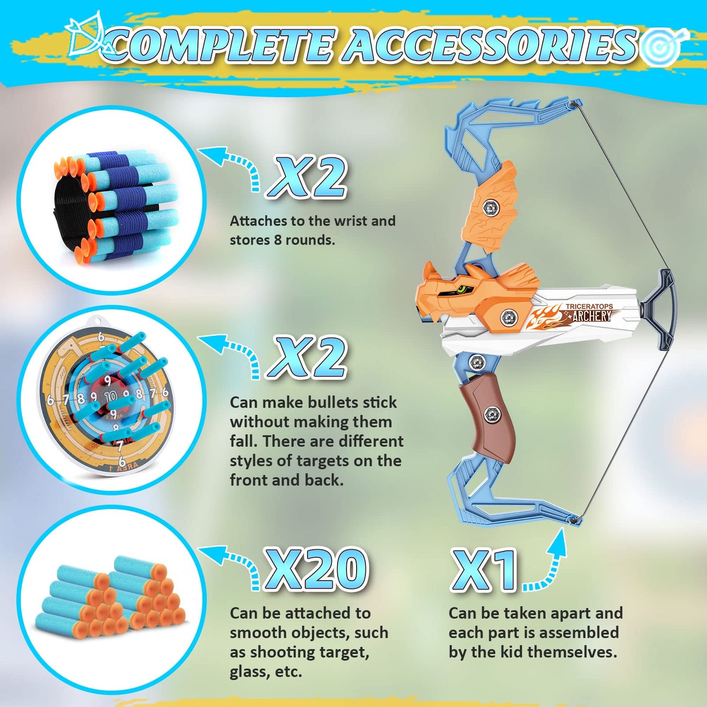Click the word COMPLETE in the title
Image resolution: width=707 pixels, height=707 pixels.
[x=223, y=45]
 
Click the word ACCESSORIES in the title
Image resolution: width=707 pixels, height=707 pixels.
[x=489, y=45]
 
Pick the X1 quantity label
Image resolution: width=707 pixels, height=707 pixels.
[x=484, y=570]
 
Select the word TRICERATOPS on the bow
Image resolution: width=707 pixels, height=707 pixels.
[x=589, y=307]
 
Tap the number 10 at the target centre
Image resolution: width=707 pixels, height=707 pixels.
[x=111, y=395]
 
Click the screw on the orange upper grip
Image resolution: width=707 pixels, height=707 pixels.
[x=490, y=208]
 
